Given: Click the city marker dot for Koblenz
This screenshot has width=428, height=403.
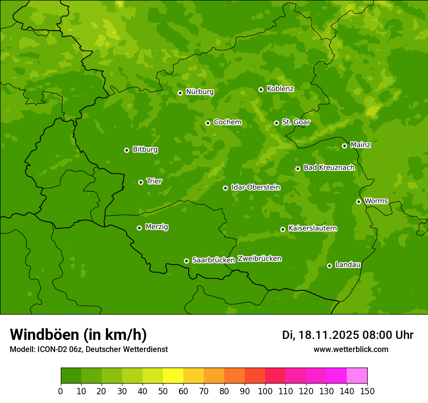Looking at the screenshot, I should pos(261,89).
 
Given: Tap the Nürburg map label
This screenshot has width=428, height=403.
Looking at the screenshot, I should pos(199,92).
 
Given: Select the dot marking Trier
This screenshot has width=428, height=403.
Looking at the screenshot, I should pos(141,182).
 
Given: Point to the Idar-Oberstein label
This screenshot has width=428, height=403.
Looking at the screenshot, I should pos(255,187).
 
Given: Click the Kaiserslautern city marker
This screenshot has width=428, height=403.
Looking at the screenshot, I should pos(283,229).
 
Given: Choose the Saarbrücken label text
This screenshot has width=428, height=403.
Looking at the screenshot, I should pos(214,260).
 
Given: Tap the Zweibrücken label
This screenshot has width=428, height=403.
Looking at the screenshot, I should pos(259,259).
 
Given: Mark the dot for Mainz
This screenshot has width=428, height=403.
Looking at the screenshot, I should pos(345,146).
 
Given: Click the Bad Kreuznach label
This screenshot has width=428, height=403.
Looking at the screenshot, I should pos(329,168).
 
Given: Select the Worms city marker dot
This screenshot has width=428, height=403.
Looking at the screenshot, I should pos(359,201).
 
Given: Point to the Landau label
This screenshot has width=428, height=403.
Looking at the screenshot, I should pos(348,265).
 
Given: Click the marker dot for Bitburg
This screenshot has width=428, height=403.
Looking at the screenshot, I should pos(127,150).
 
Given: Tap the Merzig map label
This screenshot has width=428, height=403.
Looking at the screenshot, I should pos(157,227).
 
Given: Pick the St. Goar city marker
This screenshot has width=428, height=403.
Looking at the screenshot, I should pos(276,123).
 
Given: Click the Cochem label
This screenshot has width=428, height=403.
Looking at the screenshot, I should pos(227,122).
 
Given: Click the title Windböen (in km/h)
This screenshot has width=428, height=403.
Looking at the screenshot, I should pos(78,335).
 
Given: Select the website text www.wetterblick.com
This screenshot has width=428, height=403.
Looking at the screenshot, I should pos(351,350).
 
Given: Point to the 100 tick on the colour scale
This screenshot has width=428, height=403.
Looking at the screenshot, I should pos(265,390).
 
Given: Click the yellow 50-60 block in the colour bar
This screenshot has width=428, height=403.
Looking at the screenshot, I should pos(173,376).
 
